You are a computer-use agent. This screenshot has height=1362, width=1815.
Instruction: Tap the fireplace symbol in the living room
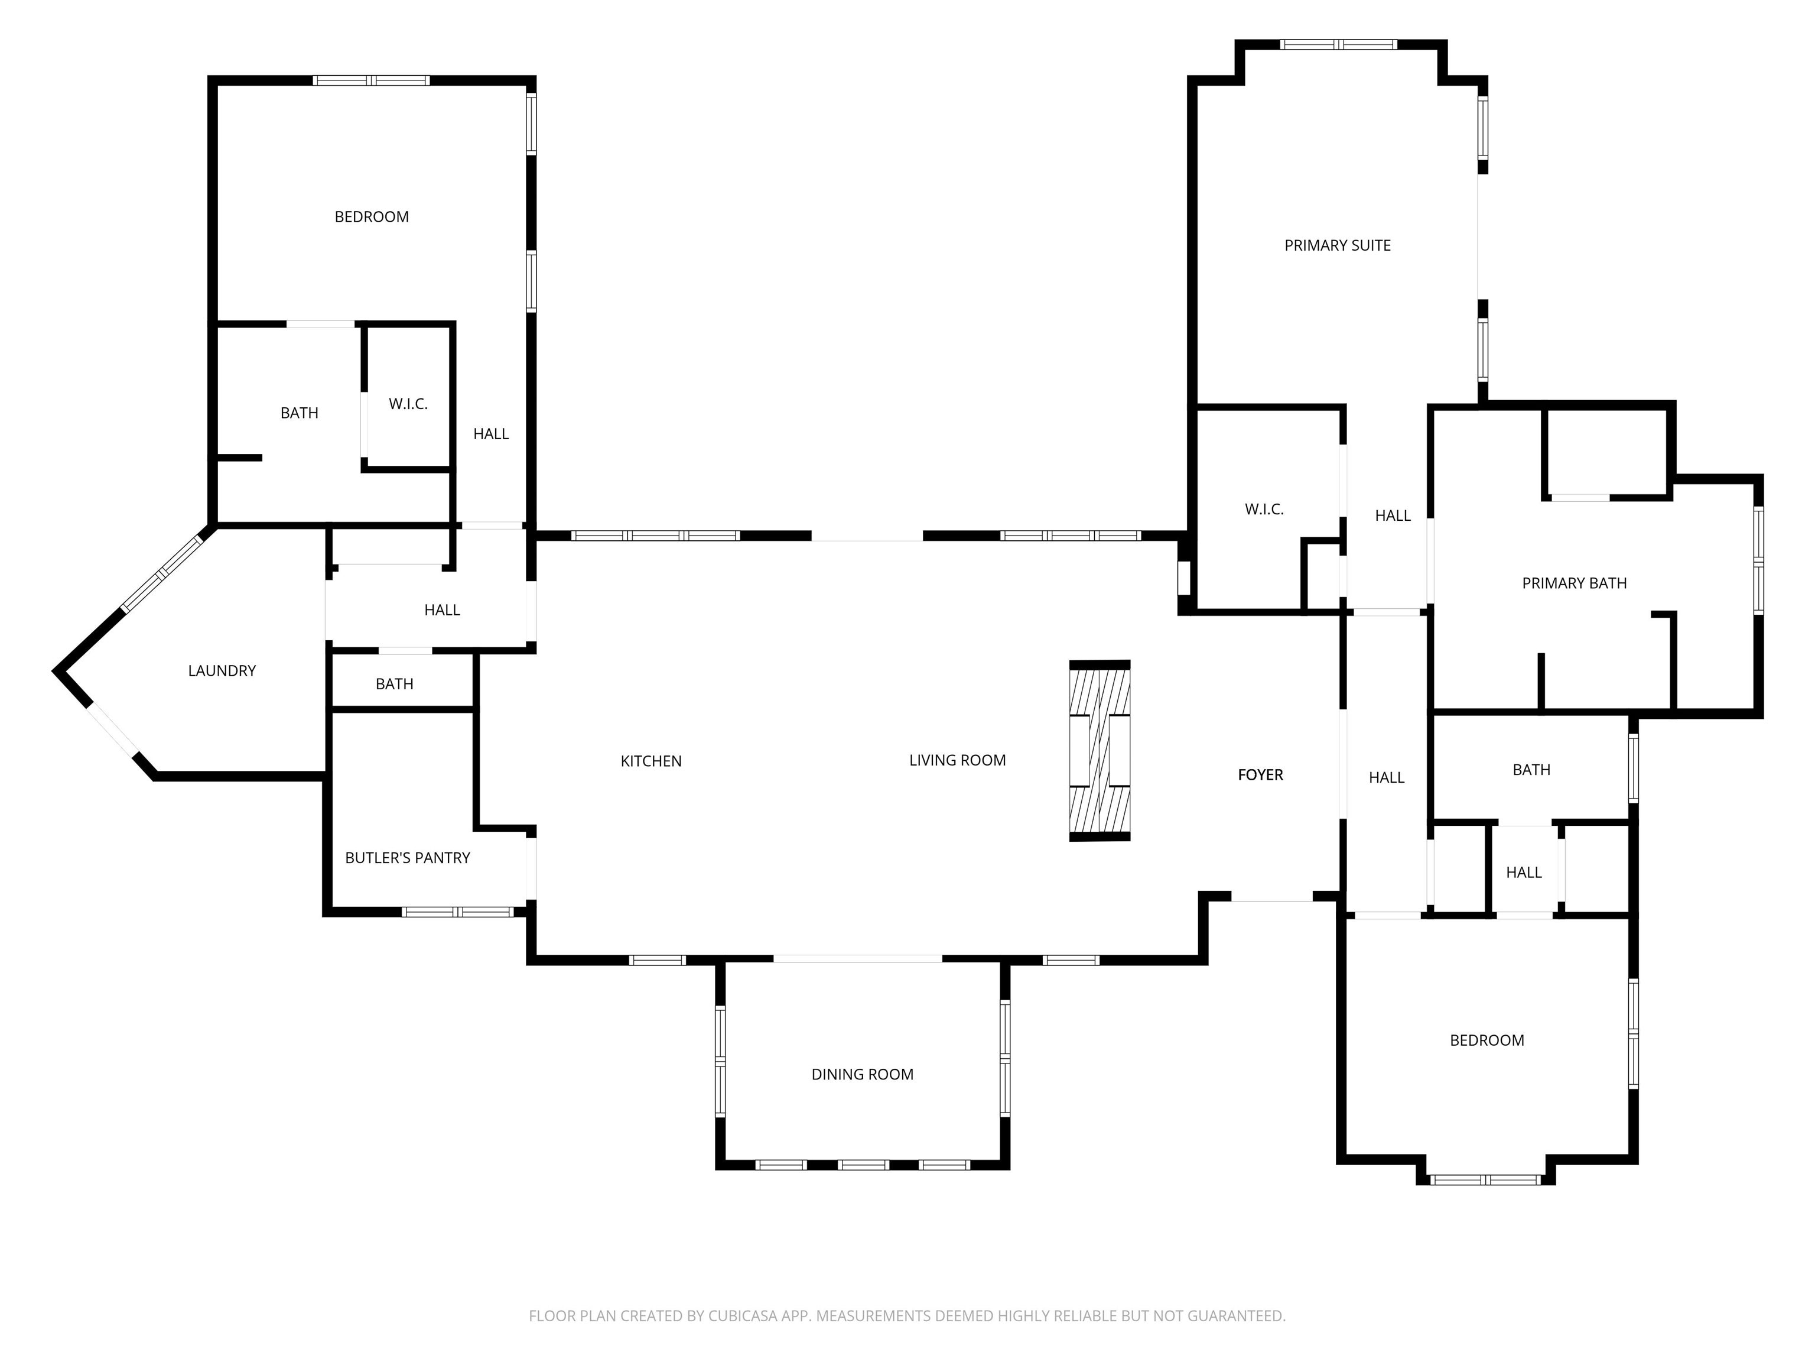click(1100, 750)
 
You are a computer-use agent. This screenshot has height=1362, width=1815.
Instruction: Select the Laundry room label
click(222, 671)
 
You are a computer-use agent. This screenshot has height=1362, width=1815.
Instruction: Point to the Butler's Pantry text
click(407, 858)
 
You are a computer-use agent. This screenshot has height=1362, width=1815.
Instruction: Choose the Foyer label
click(1260, 775)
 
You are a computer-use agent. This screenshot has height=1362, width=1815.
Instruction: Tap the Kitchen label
click(650, 761)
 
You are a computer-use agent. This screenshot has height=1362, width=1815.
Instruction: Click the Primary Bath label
click(1574, 583)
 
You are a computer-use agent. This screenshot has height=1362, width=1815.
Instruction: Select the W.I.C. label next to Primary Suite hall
click(1264, 510)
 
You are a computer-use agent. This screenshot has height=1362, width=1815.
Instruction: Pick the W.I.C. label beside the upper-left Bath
click(408, 404)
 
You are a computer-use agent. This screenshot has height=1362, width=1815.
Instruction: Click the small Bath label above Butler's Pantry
click(394, 684)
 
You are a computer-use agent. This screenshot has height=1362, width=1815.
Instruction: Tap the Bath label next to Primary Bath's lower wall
click(1531, 770)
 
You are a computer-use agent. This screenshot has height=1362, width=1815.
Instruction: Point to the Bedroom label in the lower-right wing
click(1486, 1041)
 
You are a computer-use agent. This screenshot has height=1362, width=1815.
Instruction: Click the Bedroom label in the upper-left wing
click(371, 217)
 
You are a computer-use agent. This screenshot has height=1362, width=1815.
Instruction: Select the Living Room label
click(957, 760)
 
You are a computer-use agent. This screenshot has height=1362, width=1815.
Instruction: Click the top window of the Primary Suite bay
click(1338, 44)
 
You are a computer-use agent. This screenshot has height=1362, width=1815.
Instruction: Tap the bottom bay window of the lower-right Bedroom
click(1485, 1180)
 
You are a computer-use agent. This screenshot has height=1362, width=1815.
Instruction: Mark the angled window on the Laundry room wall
click(162, 572)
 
